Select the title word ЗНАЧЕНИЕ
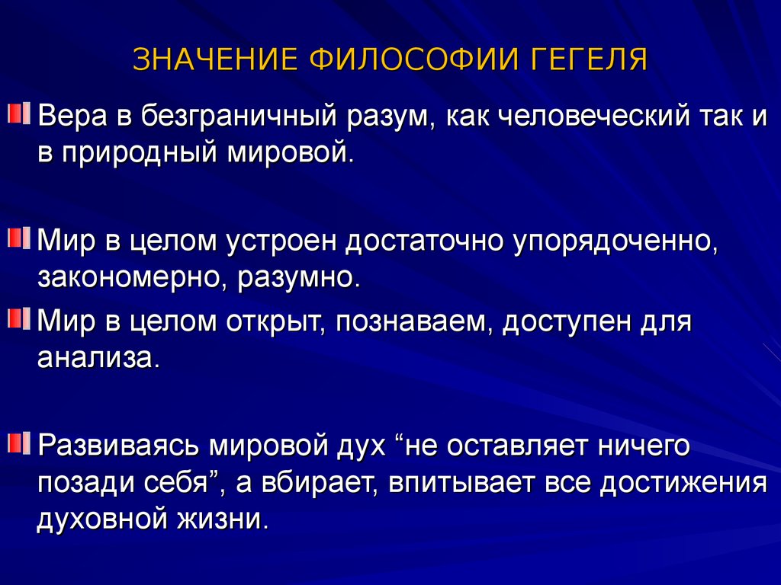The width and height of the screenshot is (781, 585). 215,59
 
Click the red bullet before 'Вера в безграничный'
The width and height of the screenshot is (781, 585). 19,113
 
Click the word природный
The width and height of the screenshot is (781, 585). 140,152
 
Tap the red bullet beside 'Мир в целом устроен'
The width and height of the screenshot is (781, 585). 19,238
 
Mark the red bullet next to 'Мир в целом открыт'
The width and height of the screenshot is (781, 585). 19,318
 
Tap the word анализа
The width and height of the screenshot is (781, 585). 99,358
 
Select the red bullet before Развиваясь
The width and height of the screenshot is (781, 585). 19,443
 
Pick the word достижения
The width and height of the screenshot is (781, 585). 683,483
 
